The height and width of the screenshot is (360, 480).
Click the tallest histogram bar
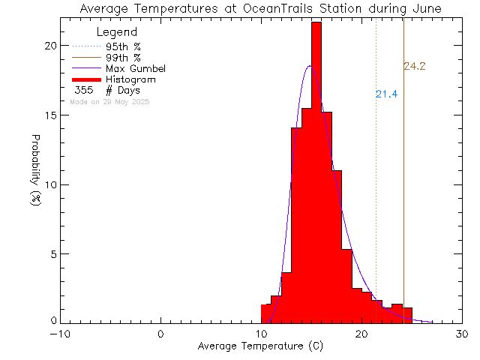[x=316, y=172]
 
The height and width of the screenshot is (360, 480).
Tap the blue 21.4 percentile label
[x=386, y=94]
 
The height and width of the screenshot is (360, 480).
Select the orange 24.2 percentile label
[x=415, y=67]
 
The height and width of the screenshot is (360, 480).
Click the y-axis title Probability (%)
[x=35, y=172]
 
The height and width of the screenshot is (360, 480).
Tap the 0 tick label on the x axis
[x=161, y=334]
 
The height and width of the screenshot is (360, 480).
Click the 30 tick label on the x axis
[x=463, y=334]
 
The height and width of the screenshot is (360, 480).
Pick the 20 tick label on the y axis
[x=49, y=46]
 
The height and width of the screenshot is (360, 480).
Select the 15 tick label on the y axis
[x=49, y=115]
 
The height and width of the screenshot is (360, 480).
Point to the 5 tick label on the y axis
[x=52, y=254]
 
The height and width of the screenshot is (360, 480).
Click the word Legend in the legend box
[x=118, y=33]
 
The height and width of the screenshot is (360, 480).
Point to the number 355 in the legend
[x=83, y=90]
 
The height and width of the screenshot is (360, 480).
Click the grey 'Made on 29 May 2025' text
[x=109, y=100]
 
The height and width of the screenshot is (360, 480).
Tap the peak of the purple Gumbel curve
[x=310, y=66]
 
